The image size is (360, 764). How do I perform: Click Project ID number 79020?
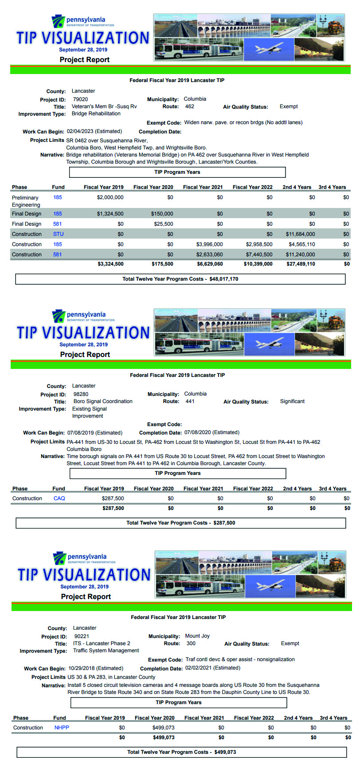[x=80, y=99]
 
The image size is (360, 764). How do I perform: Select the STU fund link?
[x=58, y=234]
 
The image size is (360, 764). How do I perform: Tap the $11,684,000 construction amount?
[x=300, y=234]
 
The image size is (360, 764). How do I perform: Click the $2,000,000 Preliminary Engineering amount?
[x=110, y=197]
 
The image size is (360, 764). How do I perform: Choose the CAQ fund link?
[x=59, y=498]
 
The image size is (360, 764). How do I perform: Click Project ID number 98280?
[x=81, y=394]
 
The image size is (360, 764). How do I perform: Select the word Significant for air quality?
[x=292, y=401]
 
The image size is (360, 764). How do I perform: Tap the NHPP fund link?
[x=62, y=728]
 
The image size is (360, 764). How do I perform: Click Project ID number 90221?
[x=82, y=636]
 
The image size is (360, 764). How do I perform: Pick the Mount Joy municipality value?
[x=197, y=636]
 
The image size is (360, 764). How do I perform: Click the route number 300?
[x=191, y=643]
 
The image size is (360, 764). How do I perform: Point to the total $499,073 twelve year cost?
[x=225, y=752]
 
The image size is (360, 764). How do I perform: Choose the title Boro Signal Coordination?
[x=103, y=401]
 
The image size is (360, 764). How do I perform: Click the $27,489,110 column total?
[x=301, y=264]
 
